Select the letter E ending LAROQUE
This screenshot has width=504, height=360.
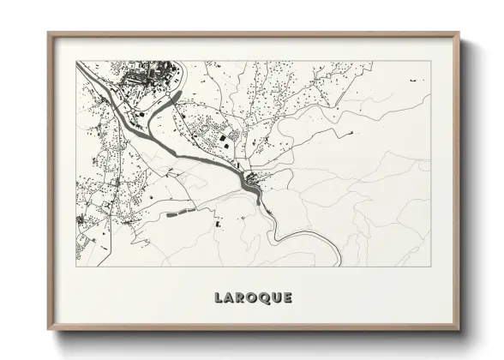(287, 298)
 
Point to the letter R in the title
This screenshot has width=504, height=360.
(237, 298)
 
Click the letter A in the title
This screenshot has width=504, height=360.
(226, 298)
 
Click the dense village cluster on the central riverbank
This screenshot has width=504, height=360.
(252, 180)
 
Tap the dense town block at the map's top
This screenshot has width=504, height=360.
(146, 76)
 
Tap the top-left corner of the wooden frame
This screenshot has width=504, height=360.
(49, 34)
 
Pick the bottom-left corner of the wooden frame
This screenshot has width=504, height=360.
(49, 329)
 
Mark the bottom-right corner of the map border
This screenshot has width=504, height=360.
(429, 266)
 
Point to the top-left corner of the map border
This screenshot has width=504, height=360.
(76, 61)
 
